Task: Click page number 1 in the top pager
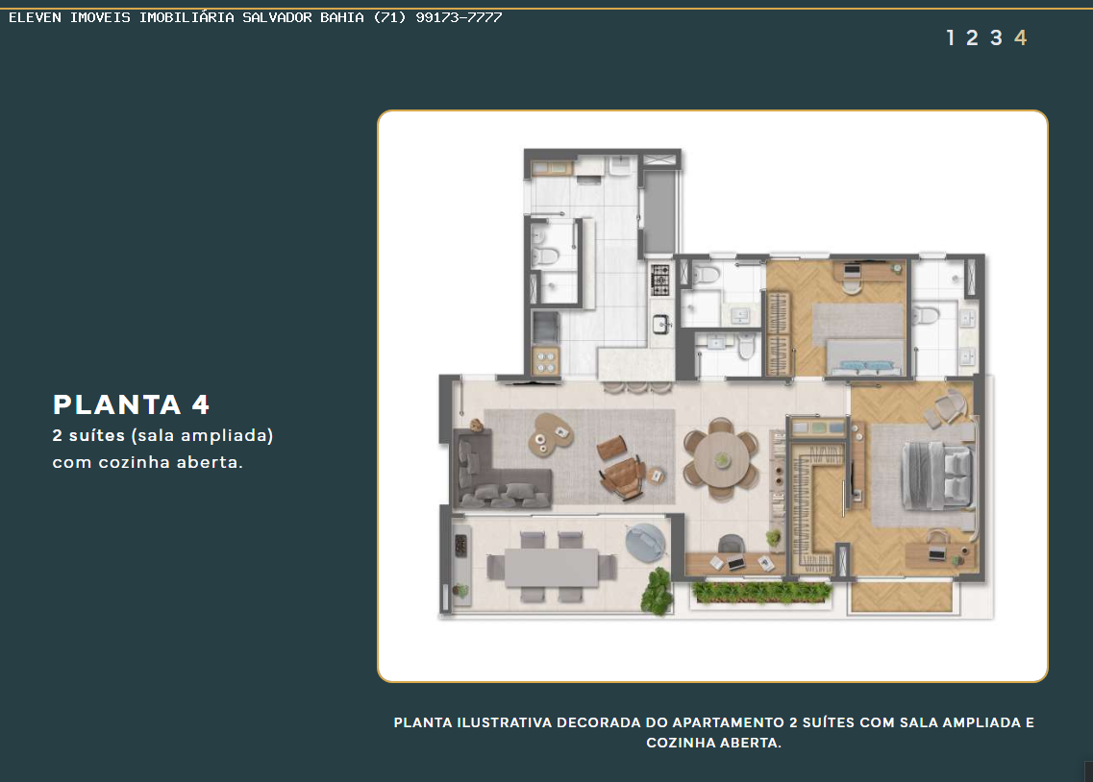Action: (x=950, y=37)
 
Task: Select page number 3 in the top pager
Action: (x=996, y=37)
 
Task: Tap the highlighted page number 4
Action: (x=1021, y=37)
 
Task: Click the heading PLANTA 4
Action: (x=131, y=404)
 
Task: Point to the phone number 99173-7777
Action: (x=459, y=17)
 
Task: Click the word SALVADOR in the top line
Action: (x=277, y=17)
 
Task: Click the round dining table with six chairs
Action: (x=722, y=459)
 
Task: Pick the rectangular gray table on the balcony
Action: (x=552, y=568)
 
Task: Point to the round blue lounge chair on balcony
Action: (x=645, y=543)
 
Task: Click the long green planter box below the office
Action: (x=762, y=592)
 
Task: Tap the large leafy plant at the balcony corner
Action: (x=658, y=591)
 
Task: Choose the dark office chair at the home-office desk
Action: (x=731, y=544)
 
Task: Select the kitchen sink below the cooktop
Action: (x=660, y=324)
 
